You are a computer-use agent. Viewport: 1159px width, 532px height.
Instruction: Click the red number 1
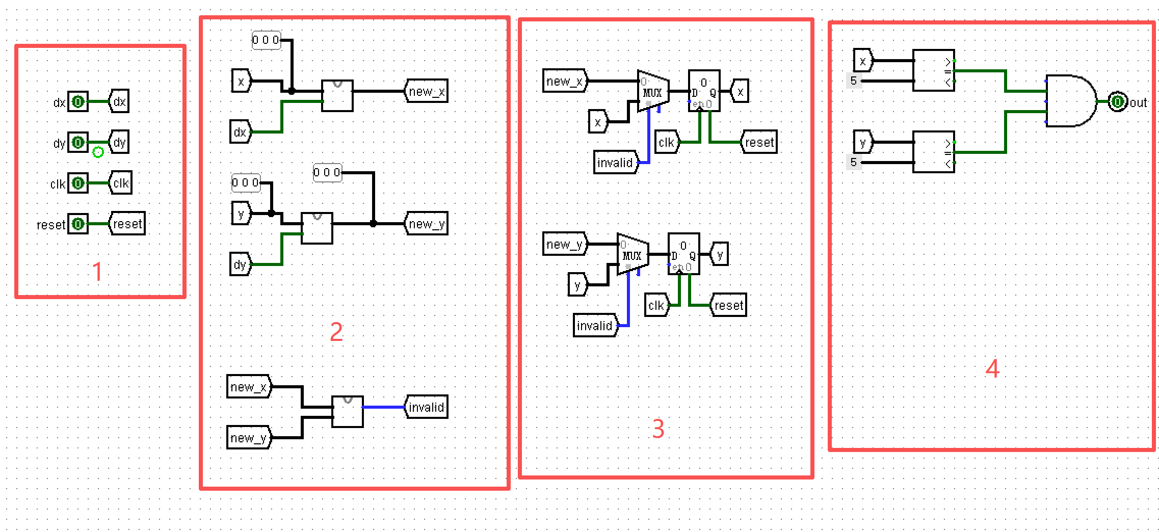[x=97, y=272]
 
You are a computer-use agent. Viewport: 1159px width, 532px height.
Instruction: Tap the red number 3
[x=658, y=429]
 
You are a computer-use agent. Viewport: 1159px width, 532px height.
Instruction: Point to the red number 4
[x=992, y=368]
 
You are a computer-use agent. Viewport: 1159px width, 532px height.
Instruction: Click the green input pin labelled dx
[x=78, y=102]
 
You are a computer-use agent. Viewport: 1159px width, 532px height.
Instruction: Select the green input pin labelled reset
[x=78, y=224]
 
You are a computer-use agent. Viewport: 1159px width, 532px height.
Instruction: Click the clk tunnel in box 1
[x=121, y=183]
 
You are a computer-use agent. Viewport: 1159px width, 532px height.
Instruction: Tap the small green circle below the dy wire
[x=98, y=152]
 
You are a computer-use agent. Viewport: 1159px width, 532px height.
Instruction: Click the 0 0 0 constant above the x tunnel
[x=266, y=40]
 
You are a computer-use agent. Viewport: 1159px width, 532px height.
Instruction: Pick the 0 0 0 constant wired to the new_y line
[x=327, y=173]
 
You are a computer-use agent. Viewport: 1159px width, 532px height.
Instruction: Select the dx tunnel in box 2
[x=240, y=132]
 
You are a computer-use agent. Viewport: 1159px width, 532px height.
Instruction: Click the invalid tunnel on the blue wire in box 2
[x=426, y=407]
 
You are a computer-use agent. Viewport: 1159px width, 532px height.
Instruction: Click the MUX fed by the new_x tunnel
[x=653, y=92]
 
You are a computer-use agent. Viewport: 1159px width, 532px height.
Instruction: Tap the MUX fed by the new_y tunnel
[x=633, y=254]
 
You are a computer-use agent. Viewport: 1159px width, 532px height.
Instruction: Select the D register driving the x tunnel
[x=704, y=91]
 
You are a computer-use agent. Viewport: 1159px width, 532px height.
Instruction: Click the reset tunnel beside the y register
[x=728, y=305]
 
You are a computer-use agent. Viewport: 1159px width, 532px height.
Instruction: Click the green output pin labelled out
[x=1117, y=102]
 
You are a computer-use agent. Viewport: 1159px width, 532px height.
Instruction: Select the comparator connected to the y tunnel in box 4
[x=933, y=152]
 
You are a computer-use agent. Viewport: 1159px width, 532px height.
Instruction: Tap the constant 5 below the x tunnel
[x=854, y=81]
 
